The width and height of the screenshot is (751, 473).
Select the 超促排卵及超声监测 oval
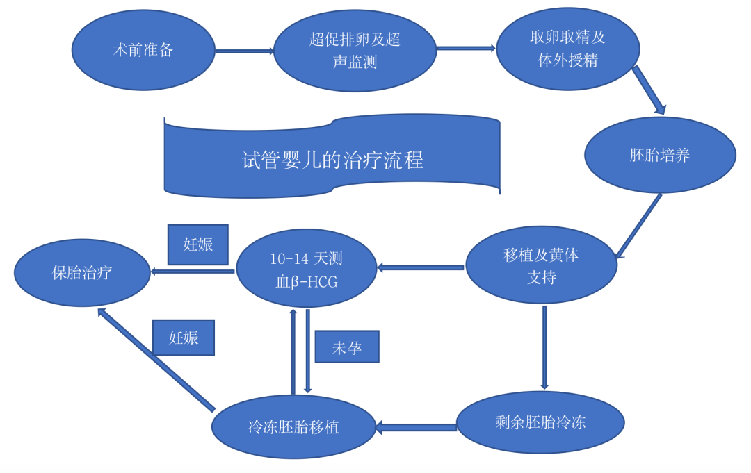[x=355, y=51]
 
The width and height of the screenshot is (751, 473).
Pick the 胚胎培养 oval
[x=660, y=155]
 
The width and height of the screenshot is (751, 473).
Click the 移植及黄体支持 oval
[x=541, y=266]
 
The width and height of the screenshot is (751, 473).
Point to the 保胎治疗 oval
[x=82, y=272]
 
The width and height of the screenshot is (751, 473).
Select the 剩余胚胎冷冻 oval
[x=540, y=422]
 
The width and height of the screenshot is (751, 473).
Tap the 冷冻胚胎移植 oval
[x=294, y=426]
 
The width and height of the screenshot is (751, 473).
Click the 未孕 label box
[x=347, y=347]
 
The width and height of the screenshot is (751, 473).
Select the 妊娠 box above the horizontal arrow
[x=198, y=244]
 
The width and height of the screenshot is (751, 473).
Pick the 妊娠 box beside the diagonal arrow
[x=184, y=338]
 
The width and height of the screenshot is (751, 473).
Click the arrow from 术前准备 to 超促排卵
[x=243, y=51]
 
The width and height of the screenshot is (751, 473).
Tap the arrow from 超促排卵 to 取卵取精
[x=465, y=48]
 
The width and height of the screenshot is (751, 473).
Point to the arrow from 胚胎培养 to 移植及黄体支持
[x=638, y=226]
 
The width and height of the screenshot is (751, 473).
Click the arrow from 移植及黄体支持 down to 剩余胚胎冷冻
[x=544, y=347]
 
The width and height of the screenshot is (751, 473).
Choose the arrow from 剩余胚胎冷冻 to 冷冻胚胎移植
[x=416, y=426]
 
